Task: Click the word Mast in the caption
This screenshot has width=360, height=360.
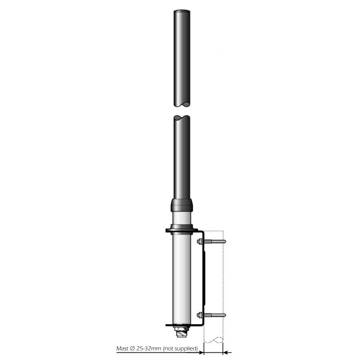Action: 122,348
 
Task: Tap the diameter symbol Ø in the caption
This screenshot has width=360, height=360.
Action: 132,348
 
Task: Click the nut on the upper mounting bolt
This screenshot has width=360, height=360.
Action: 200,241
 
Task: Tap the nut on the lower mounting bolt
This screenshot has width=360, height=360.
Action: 200,315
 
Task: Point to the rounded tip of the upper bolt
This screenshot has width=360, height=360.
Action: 224,241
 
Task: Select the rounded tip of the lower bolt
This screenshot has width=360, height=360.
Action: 224,315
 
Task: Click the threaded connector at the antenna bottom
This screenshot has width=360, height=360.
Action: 182,334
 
